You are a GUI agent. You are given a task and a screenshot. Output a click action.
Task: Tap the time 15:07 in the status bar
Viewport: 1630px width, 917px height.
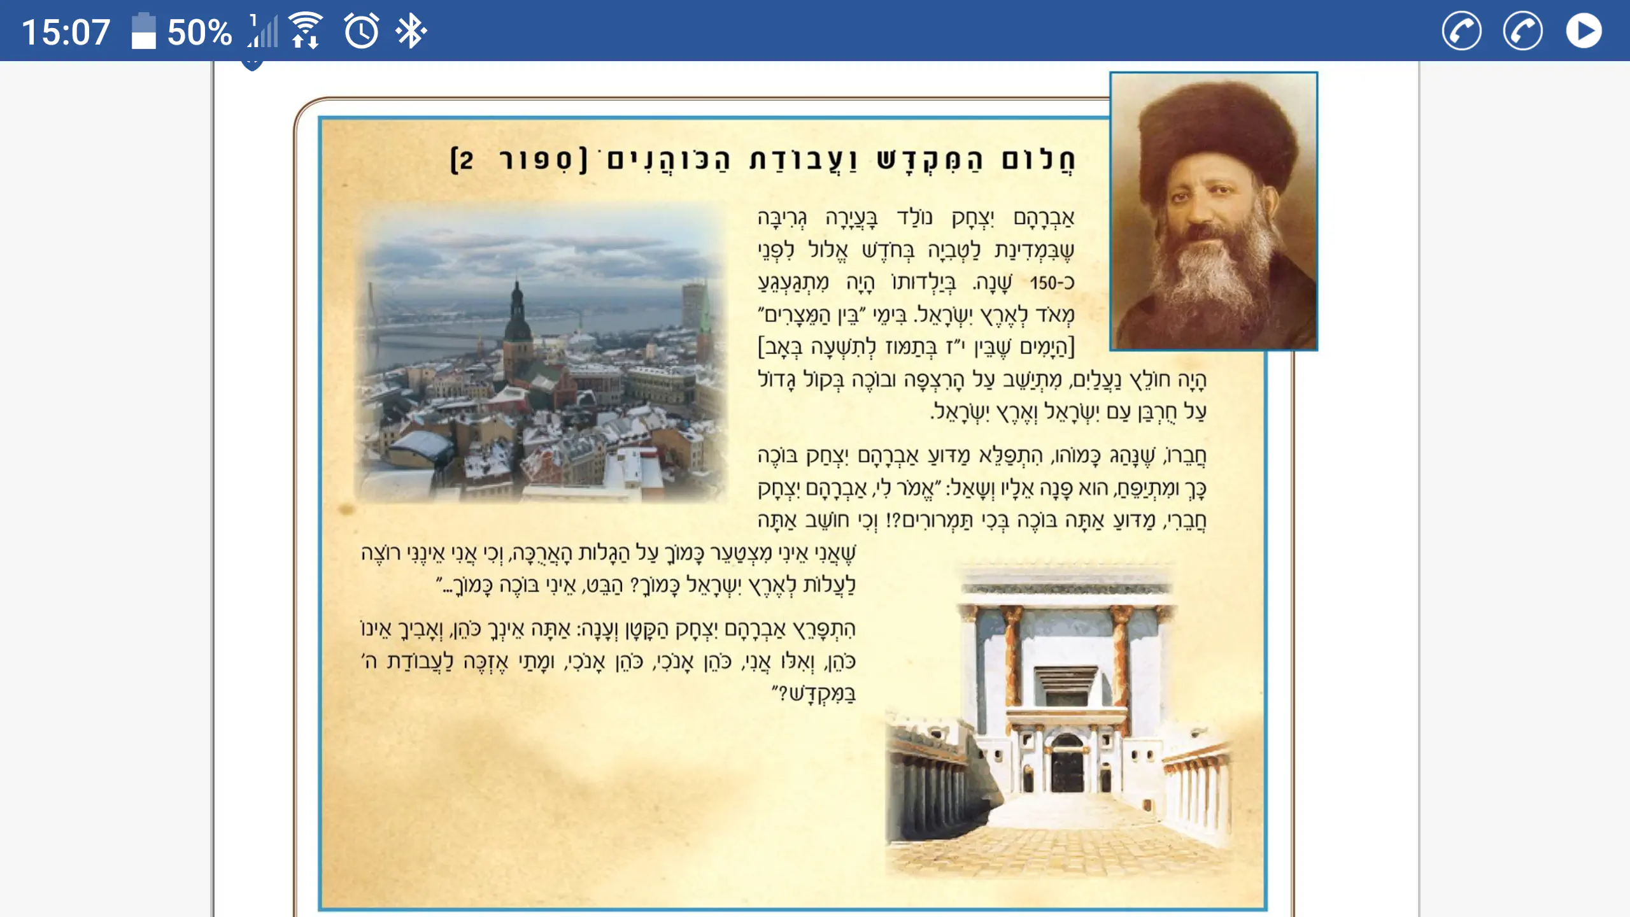coord(66,32)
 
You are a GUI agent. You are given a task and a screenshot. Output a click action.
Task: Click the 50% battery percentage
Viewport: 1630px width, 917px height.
coord(199,32)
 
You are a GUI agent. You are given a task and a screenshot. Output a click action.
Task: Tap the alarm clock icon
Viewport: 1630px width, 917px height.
coord(362,31)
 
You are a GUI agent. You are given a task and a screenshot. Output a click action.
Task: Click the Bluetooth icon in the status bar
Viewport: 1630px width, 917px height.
coord(411,31)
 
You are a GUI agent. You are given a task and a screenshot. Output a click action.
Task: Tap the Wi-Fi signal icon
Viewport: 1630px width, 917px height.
coord(306,30)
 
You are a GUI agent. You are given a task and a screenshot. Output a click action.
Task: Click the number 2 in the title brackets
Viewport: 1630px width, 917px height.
coord(466,160)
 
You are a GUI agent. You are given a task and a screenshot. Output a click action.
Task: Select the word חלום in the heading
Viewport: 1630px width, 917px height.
coord(1038,159)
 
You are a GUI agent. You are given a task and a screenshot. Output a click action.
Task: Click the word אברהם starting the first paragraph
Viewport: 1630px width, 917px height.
coord(1044,218)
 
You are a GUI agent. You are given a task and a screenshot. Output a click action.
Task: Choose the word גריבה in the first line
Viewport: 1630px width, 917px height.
coord(782,218)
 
